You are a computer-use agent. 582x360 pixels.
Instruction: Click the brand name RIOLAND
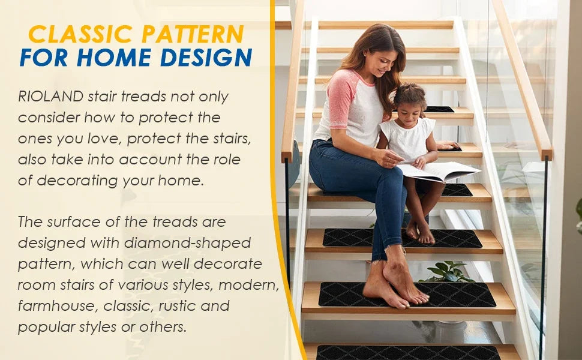(50, 96)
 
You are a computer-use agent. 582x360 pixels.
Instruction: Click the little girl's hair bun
(410, 91)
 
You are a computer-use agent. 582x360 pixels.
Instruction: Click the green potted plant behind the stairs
(447, 272)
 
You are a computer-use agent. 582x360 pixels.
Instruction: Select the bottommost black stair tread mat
(408, 353)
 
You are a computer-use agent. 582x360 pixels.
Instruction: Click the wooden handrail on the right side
(522, 78)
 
